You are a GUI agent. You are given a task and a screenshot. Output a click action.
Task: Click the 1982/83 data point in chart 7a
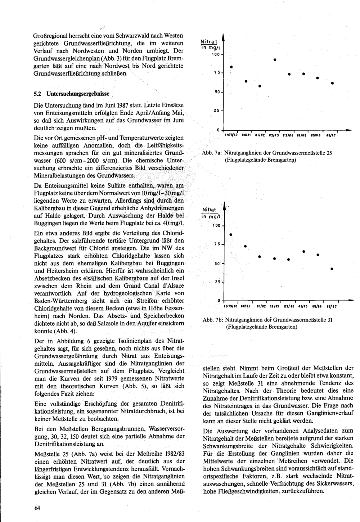coord(274,59)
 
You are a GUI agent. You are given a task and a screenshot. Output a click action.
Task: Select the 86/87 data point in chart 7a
coord(332,84)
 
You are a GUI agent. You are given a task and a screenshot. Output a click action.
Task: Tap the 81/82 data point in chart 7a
coord(260,86)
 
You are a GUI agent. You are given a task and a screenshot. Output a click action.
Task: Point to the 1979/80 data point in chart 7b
coord(231,235)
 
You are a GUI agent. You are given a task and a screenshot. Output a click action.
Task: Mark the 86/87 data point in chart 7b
coord(332,269)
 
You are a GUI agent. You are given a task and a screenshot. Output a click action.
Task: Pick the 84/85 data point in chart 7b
coord(304,251)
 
